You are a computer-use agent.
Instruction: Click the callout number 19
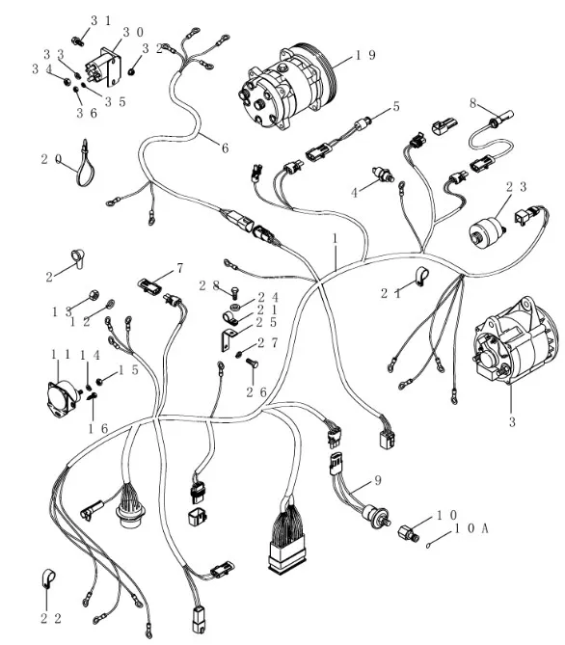click(365, 55)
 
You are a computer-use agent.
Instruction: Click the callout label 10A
click(471, 528)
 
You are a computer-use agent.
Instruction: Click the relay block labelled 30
click(104, 67)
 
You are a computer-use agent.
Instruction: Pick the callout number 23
click(516, 187)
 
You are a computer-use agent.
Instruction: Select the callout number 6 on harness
click(225, 148)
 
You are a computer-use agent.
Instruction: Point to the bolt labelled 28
click(236, 292)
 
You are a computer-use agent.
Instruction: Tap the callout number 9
click(377, 480)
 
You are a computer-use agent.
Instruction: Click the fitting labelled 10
click(408, 533)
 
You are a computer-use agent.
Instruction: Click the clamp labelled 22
click(48, 578)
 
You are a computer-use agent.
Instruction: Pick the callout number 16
click(98, 429)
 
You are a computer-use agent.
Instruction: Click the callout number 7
click(179, 268)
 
